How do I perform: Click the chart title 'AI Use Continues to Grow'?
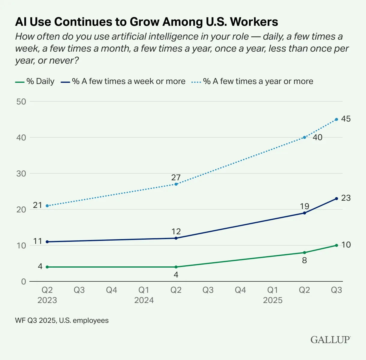[x=146, y=22]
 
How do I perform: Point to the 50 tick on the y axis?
[x=21, y=101]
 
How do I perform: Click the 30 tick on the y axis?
[x=21, y=173]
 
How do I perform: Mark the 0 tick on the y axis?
[x=23, y=281]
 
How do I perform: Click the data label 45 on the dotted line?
[x=346, y=119]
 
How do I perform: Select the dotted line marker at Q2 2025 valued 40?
[x=304, y=137]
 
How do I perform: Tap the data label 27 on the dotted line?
[x=176, y=177]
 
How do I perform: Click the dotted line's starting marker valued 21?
[x=47, y=206]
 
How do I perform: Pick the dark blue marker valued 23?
[x=336, y=199]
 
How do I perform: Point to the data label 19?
[x=304, y=206]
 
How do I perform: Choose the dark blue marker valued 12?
[x=176, y=238]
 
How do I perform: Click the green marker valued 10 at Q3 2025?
[x=336, y=245]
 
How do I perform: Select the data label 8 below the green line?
[x=304, y=260]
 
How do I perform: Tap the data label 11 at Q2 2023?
[x=37, y=241]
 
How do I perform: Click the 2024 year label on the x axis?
[x=144, y=300]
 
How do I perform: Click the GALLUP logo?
[x=330, y=340]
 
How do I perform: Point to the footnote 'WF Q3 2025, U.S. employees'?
[x=62, y=320]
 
